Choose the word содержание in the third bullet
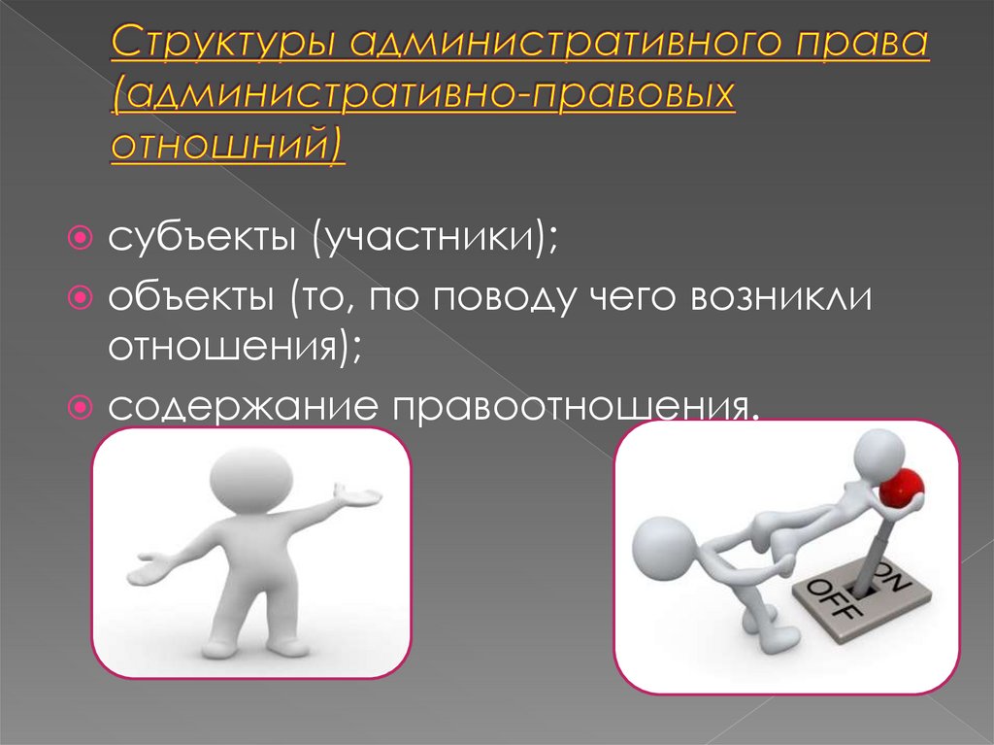coord(244,407)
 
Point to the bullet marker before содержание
coord(82,408)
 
